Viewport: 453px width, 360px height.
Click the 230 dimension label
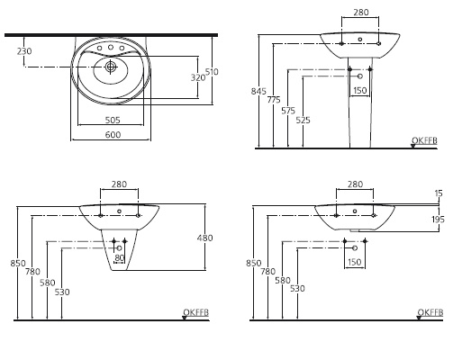[x=23, y=51]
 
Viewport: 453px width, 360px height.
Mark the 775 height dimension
[x=273, y=100]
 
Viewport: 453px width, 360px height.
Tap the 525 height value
[x=303, y=119]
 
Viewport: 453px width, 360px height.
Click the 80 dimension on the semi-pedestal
[x=118, y=258]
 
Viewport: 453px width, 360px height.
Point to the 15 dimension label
[x=439, y=193]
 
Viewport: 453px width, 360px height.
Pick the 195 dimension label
[x=437, y=220]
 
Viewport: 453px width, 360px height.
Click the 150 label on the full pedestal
[x=359, y=90]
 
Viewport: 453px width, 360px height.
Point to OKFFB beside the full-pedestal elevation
[x=423, y=139]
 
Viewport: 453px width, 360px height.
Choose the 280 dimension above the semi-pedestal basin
[x=118, y=184]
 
